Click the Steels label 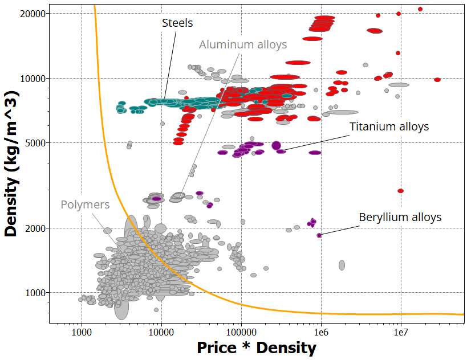pos(177,23)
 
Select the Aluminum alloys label pos(242,44)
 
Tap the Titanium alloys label pos(389,126)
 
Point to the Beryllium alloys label pos(400,217)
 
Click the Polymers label pos(85,204)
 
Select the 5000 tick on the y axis pos(36,143)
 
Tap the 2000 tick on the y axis pos(36,228)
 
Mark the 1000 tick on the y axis pos(36,293)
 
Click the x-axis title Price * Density pos(256,347)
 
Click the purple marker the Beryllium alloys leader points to pos(319,235)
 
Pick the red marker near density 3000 pos(400,191)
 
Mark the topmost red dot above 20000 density pos(420,9)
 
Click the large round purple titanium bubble pos(277,145)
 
